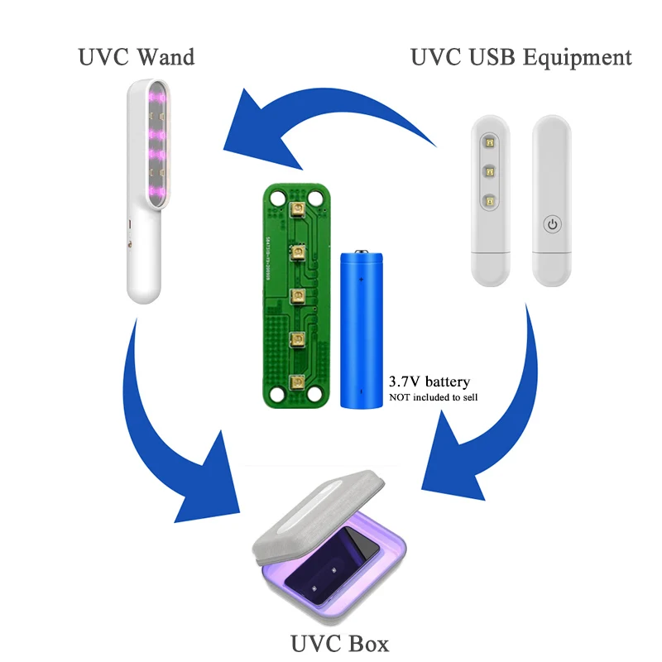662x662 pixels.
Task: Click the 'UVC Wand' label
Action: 137,56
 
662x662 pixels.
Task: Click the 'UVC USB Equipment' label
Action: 521,56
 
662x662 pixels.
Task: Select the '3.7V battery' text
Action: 429,381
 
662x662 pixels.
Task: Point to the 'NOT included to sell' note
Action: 434,398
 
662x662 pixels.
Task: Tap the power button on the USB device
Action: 554,223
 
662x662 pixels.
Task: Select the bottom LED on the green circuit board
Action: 296,381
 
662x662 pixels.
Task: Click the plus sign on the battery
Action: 362,281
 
